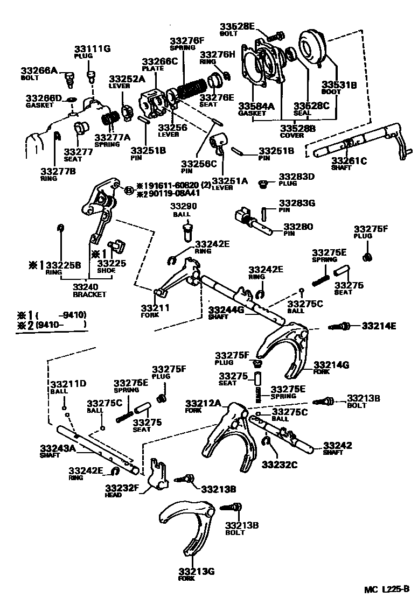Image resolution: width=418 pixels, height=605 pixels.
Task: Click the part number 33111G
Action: pyautogui.click(x=92, y=48)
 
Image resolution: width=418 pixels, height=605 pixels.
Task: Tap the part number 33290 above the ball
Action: pyautogui.click(x=184, y=206)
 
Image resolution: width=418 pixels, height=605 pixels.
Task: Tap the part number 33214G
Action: pyautogui.click(x=331, y=365)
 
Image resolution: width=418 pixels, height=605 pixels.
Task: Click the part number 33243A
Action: pyautogui.click(x=58, y=447)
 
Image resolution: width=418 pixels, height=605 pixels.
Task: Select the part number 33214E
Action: pyautogui.click(x=379, y=326)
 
